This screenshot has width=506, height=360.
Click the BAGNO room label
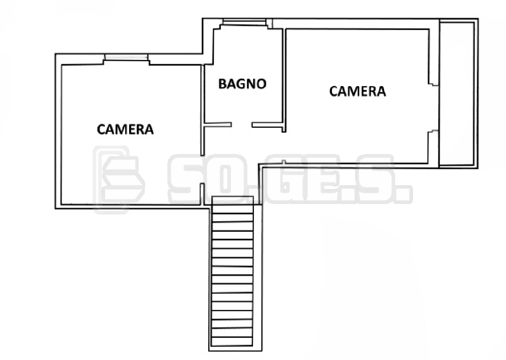point(243,84)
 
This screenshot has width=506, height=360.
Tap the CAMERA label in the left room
point(125,129)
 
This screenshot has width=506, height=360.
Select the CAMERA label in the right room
point(358,91)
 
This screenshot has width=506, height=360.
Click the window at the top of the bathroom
point(244,22)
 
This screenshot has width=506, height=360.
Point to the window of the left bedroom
point(126,57)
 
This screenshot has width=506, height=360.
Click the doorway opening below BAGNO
point(242,124)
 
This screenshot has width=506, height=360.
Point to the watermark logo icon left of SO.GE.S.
point(118,179)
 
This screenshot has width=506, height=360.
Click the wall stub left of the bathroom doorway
point(218,124)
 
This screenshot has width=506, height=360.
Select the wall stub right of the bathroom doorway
point(268,125)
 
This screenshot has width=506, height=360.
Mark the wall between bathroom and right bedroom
point(284,80)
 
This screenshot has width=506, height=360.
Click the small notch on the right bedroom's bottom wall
point(283,162)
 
